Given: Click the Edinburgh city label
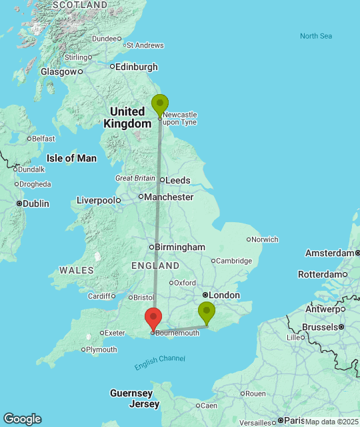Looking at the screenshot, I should click(137, 67).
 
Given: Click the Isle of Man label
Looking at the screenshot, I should click(71, 158).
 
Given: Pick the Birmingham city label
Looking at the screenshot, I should click(180, 247).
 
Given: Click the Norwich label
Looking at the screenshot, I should click(265, 240).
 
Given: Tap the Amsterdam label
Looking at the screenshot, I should click(329, 253).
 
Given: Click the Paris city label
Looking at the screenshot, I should click(293, 420).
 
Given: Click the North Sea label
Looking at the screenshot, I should click(315, 36).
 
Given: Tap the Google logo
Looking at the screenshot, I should click(22, 419).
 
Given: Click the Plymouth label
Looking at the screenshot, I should click(101, 350).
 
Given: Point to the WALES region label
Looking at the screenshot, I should click(77, 270).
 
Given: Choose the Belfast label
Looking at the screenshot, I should click(43, 138).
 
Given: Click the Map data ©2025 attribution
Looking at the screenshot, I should click(331, 422).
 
